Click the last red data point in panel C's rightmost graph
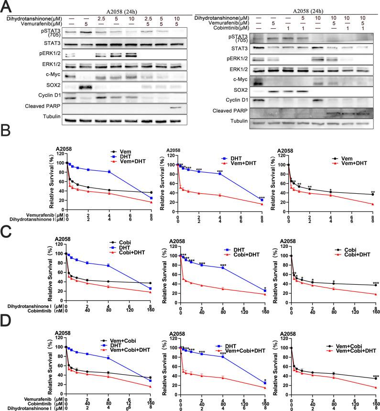click(376, 294)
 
